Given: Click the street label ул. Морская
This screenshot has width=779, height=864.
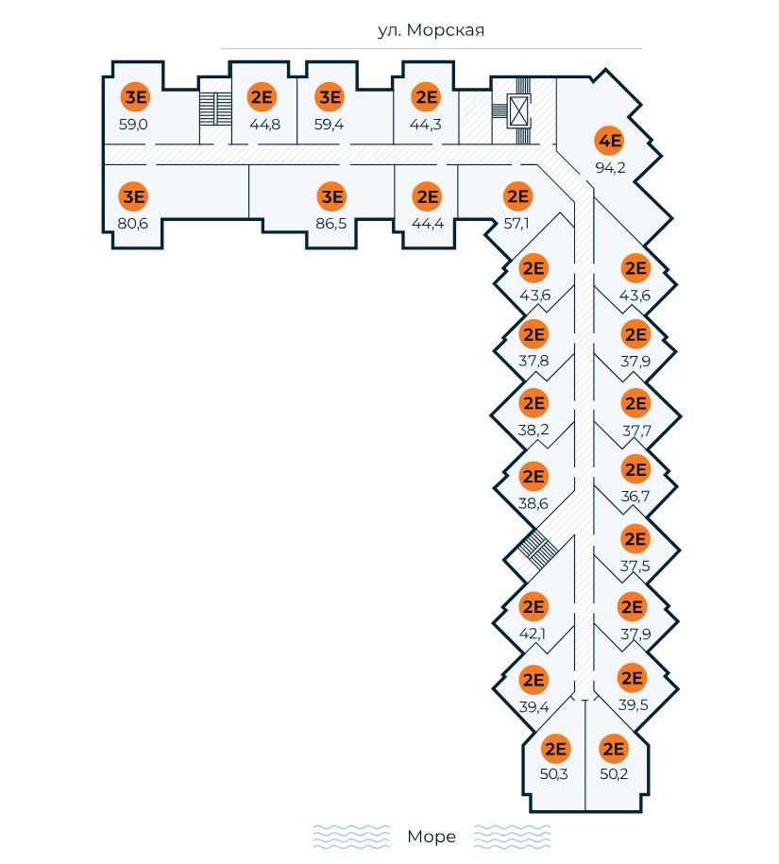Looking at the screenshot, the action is point(431,31).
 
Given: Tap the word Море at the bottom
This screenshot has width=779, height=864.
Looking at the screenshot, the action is point(432,837).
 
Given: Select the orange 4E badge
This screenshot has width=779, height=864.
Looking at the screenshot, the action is point(610,143).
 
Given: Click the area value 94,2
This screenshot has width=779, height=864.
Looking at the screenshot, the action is point(610,169).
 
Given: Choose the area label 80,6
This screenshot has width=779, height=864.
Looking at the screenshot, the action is point(134,224).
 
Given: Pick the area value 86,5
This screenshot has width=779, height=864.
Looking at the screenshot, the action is point(331,224).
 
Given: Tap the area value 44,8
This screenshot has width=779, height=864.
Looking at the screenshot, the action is point(265,124).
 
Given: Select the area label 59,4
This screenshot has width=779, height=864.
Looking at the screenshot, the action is point(330,124).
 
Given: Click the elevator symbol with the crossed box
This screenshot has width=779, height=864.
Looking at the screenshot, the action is point(518,111).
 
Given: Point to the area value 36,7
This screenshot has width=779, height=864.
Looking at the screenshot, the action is point(635,495).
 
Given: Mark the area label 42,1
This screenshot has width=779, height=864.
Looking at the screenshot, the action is point(533,633).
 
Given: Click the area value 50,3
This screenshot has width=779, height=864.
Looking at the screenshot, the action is point(554,775).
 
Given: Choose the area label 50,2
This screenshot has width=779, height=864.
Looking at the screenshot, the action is point(614,775).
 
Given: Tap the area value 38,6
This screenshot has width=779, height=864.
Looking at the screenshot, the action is point(533,503).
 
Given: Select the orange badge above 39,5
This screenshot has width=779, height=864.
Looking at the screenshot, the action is point(632,678).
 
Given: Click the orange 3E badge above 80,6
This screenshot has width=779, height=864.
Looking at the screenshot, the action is point(135,196).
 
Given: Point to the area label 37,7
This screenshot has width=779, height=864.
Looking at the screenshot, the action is point(635,430).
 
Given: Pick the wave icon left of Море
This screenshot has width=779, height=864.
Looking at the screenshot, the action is point(351,837).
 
